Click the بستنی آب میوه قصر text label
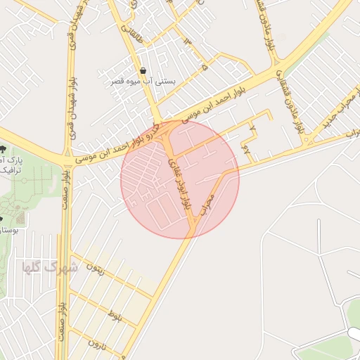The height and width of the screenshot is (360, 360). tap(143, 82)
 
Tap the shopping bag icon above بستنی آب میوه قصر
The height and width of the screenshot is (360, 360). tap(143, 71)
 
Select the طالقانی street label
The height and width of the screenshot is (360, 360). tap(131, 27)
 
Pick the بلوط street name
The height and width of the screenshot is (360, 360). tap(115, 317)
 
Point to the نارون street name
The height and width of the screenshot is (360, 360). tap(96, 345)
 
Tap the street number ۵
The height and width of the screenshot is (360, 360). tap(204, 67)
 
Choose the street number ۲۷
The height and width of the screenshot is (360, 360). tap(245, 148)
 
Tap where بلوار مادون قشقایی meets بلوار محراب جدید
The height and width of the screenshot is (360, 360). tap(307, 139)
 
